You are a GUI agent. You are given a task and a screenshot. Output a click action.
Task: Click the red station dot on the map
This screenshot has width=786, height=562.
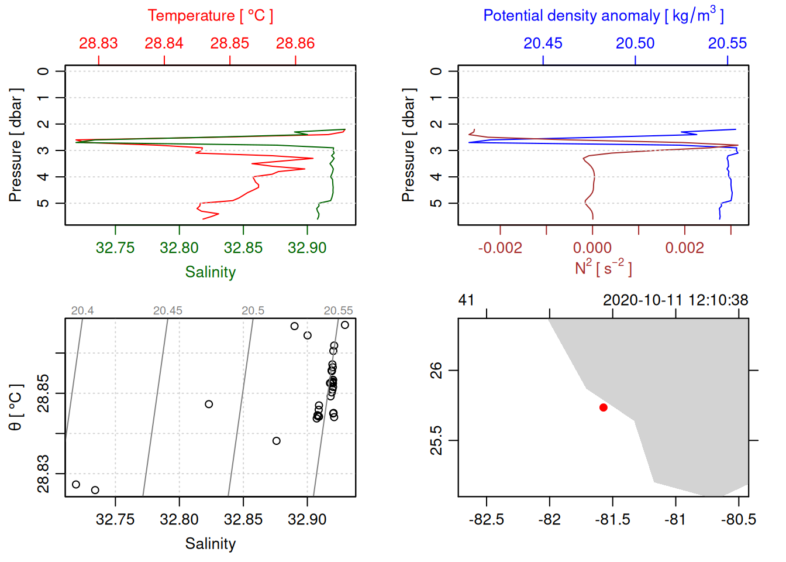[x=603, y=407]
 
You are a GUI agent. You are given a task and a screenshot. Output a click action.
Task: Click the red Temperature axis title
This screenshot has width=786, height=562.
[x=210, y=16]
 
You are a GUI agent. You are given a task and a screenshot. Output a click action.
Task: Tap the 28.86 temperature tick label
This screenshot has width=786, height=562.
[x=295, y=43]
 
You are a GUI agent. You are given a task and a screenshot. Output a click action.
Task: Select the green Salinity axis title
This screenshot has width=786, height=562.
[x=210, y=272]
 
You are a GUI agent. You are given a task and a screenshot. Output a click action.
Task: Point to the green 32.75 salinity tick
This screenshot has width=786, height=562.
[x=115, y=248]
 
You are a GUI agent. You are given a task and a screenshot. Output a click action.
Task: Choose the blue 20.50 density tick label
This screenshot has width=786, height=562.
[x=635, y=43]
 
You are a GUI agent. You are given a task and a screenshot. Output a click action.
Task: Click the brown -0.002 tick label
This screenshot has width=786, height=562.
[x=500, y=248]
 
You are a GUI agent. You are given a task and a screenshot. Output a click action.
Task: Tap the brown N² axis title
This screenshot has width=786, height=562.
[x=603, y=268]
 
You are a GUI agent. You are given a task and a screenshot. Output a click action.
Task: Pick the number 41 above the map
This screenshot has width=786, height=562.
[x=466, y=300]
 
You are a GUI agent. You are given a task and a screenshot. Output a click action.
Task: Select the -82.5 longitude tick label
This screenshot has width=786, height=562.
[x=487, y=520]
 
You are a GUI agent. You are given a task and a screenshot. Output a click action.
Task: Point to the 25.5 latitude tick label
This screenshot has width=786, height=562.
[x=436, y=440]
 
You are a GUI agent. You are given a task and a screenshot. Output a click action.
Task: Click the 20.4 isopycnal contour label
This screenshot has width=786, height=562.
[x=82, y=311]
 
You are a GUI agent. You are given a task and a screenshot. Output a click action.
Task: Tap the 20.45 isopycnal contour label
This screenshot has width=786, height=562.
[x=168, y=311]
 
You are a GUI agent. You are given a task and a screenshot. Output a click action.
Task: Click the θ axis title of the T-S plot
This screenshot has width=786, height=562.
[x=16, y=407]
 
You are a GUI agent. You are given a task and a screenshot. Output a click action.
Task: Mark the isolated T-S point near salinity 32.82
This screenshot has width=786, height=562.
[x=209, y=404]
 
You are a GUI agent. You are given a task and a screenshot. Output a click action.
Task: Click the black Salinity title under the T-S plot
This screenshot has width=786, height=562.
[x=210, y=544]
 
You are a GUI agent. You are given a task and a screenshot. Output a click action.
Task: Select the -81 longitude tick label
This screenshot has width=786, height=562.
[x=675, y=520]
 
